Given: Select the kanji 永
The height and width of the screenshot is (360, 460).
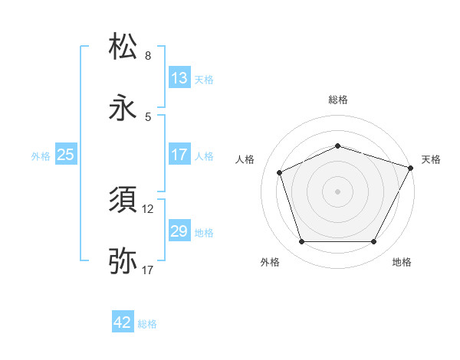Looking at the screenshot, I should (x=123, y=107).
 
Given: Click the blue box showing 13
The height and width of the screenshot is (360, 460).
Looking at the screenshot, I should (x=179, y=78).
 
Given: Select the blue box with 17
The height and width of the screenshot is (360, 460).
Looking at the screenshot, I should (x=179, y=155).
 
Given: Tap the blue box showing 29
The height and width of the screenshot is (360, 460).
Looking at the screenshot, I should (x=179, y=231).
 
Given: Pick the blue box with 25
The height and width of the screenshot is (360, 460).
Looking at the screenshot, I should (x=66, y=155).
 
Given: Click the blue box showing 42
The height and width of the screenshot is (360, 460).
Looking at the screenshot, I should (x=123, y=323).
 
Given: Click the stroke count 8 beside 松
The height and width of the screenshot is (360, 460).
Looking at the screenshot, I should (x=148, y=56).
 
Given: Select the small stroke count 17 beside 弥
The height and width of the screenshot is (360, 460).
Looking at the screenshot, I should (x=148, y=270).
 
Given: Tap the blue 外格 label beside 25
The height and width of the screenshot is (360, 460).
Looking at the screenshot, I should (x=41, y=156).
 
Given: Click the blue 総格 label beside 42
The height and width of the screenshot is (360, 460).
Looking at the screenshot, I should (x=147, y=325).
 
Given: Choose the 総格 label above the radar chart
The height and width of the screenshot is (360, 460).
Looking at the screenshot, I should (x=338, y=100).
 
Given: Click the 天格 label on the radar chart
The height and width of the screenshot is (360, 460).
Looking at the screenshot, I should (x=431, y=159).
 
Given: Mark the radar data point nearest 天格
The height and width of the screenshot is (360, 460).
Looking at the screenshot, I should (x=412, y=167).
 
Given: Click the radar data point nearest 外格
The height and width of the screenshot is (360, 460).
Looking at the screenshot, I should (x=302, y=242).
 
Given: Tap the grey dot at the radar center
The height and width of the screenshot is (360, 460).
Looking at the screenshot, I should (x=338, y=191).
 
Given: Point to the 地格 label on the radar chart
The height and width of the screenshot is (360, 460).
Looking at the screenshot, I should (x=402, y=262).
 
